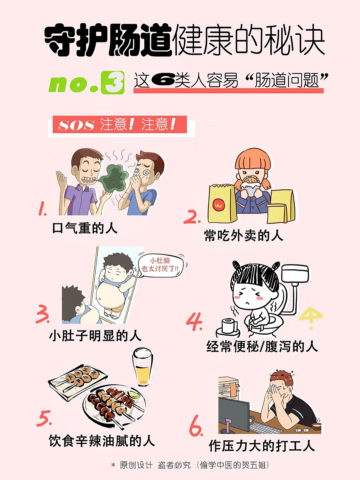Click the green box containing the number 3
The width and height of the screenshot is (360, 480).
pos(113,82)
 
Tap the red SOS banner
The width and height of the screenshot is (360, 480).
pos(120,124)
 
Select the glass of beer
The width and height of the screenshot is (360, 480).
pos(143,368)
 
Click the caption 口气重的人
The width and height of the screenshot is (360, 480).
pos(85,228)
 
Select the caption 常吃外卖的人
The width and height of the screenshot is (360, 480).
pos(244,235)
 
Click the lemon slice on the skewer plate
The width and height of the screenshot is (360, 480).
pos(134,395)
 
